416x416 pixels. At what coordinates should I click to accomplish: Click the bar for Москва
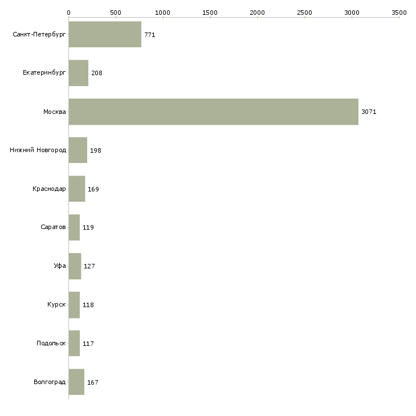click(x=213, y=112)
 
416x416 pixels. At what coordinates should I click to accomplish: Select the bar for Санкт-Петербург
click(x=105, y=34)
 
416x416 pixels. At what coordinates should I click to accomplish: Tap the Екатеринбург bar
click(x=78, y=73)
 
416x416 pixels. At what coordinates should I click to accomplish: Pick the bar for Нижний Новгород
click(x=78, y=150)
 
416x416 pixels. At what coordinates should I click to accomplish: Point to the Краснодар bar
click(x=76, y=189)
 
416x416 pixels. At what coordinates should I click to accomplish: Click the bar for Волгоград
click(x=76, y=382)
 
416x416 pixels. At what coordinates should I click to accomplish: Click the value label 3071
click(x=369, y=112)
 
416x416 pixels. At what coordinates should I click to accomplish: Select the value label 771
click(x=149, y=35)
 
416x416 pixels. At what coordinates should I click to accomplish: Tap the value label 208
click(x=96, y=74)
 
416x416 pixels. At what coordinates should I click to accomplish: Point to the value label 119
click(x=88, y=228)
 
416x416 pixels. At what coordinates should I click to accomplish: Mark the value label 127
click(x=89, y=266)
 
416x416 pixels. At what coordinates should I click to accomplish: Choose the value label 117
click(x=88, y=344)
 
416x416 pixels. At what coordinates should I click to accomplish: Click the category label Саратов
click(x=53, y=227)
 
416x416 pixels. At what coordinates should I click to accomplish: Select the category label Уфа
click(x=60, y=266)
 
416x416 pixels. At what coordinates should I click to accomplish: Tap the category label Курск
click(x=56, y=305)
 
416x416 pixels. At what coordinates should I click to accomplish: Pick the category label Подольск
click(x=51, y=344)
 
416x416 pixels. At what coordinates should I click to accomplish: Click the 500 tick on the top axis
click(x=116, y=12)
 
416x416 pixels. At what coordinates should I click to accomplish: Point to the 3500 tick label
click(x=399, y=12)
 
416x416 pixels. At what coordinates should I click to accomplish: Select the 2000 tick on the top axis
click(x=257, y=12)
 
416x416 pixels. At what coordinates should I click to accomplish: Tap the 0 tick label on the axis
click(x=68, y=12)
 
